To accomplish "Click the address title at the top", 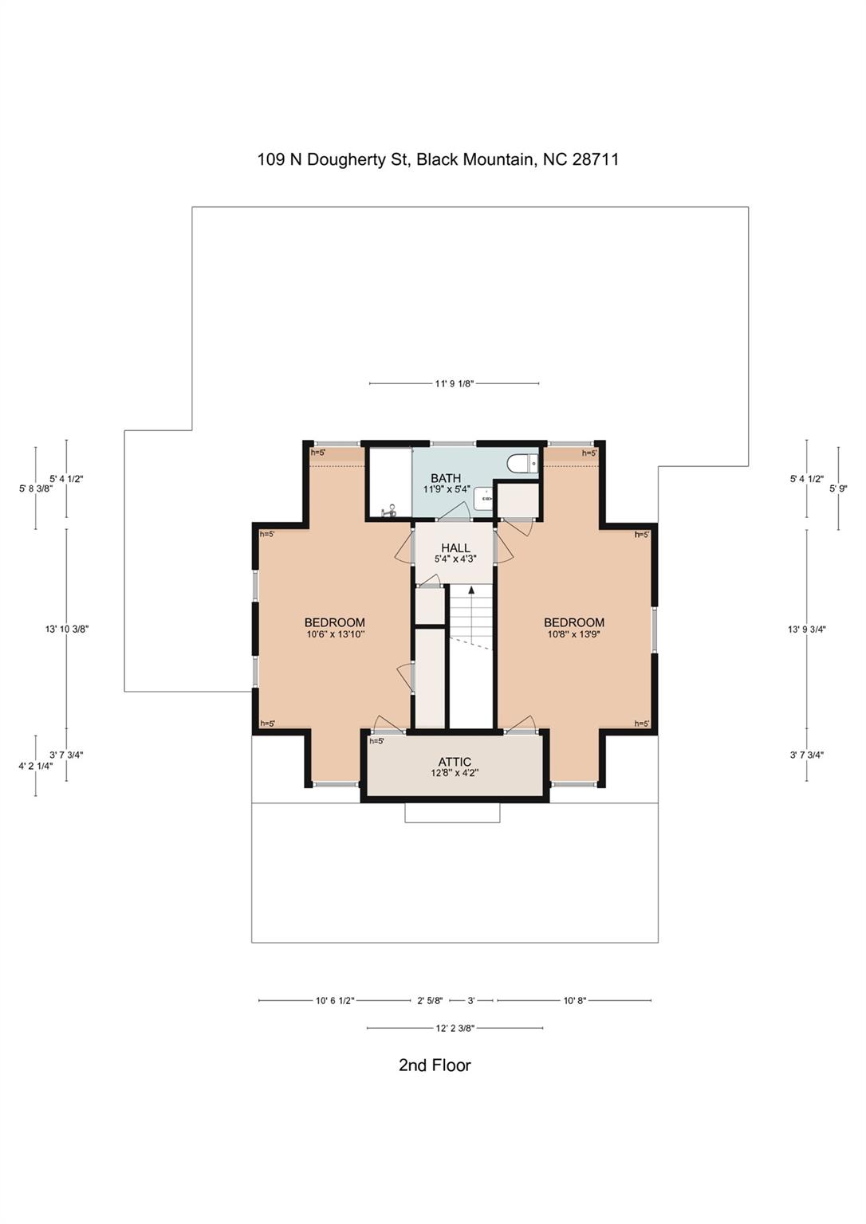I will tap(438, 159).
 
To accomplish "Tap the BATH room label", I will tap(446, 478).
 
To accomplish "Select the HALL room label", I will tap(455, 548).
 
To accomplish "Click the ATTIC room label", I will tap(455, 763).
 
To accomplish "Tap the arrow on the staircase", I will tap(471, 591).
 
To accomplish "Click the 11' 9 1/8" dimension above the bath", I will tap(454, 383).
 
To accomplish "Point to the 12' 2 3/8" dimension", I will tap(455, 1028).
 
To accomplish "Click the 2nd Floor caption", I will tap(435, 1065).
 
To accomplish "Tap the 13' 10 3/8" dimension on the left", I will tap(66, 629).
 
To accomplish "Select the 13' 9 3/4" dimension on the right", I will tap(806, 629).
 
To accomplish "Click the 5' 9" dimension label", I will tap(838, 488).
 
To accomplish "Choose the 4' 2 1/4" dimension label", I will tap(35, 766).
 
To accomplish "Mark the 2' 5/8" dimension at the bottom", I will tap(430, 1000).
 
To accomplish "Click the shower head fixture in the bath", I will tap(389, 512).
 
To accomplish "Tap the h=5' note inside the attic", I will tap(376, 741).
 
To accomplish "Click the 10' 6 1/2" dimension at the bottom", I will tap(334, 1000).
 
